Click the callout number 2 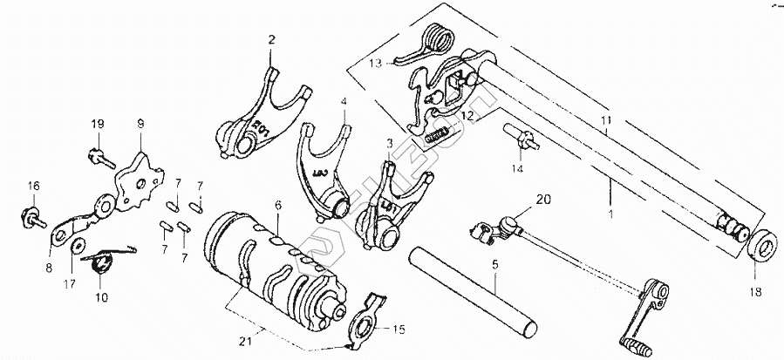(270, 40)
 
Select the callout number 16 (32, 186)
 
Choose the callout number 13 (374, 65)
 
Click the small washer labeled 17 (78, 245)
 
